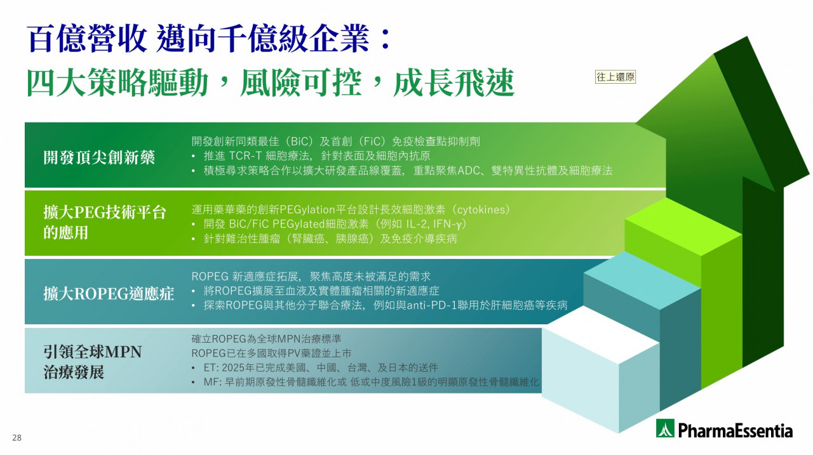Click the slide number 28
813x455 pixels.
[17, 438]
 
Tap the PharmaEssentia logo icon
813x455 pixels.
[665, 428]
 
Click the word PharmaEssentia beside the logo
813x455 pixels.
[736, 431]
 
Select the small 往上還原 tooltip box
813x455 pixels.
[615, 77]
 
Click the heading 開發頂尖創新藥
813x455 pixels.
[99, 158]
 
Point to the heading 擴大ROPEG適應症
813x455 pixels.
[109, 294]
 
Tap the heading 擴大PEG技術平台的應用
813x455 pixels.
[105, 222]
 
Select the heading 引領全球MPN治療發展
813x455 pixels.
[93, 362]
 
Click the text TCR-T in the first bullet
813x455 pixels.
[245, 156]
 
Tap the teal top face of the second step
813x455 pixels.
[642, 280]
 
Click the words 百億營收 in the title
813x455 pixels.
[87, 39]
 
